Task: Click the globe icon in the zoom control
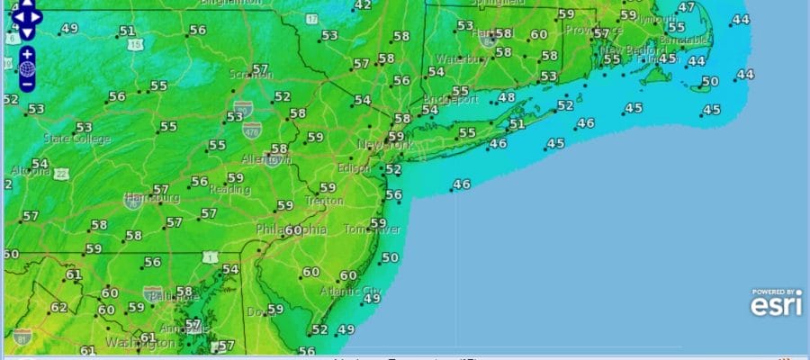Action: (x=27, y=68)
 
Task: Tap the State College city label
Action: (x=77, y=139)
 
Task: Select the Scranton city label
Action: (x=252, y=74)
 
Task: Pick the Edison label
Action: (x=355, y=168)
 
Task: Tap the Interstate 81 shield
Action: (x=22, y=337)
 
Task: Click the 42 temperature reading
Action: (x=363, y=5)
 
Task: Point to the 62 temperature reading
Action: (x=58, y=307)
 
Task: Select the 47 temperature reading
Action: (x=687, y=8)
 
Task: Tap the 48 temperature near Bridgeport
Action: (x=507, y=97)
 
